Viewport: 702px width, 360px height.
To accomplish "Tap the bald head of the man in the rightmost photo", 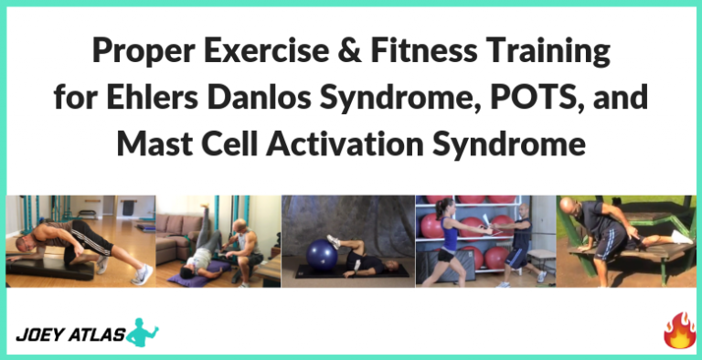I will click(610, 207).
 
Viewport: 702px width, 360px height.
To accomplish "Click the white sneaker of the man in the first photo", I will click(142, 275).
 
